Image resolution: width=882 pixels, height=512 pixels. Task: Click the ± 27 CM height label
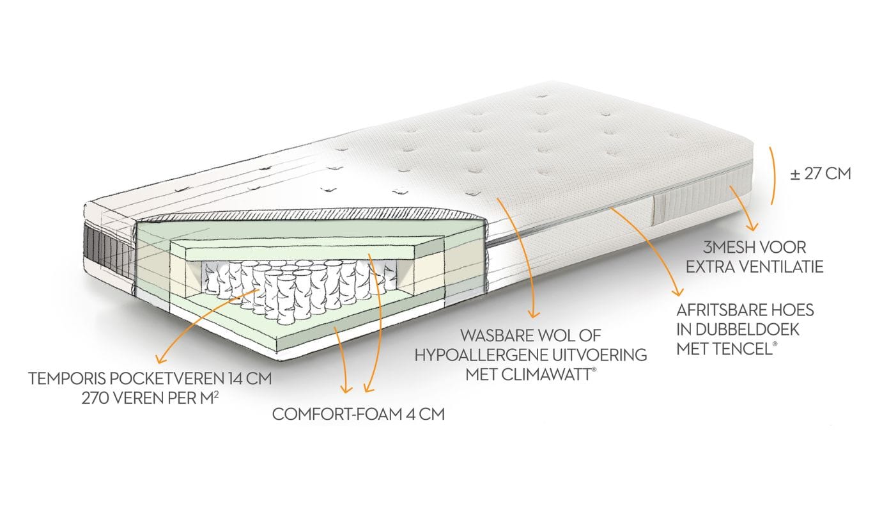pyautogui.click(x=820, y=173)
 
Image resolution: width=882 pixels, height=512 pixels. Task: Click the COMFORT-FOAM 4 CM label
pyautogui.click(x=358, y=414)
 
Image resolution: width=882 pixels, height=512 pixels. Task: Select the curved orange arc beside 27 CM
pyautogui.click(x=774, y=174)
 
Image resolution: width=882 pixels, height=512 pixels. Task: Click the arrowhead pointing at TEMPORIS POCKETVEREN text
pyautogui.click(x=159, y=360)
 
